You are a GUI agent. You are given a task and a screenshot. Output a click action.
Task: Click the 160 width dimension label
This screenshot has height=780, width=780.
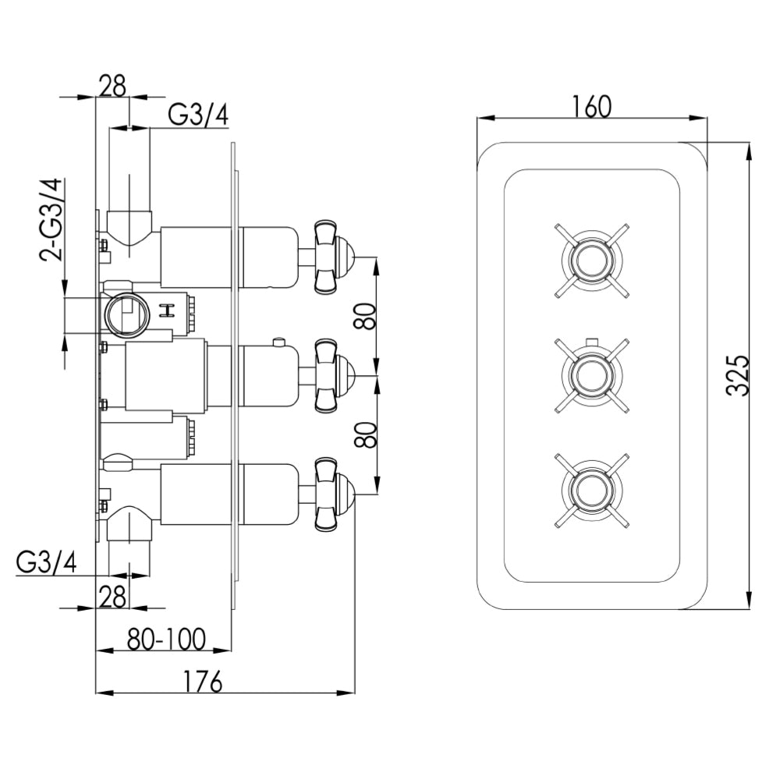tap(590, 106)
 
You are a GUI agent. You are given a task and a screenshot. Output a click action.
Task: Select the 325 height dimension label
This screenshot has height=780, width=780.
tap(737, 375)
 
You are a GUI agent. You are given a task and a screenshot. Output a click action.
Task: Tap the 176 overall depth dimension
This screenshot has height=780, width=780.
tap(203, 681)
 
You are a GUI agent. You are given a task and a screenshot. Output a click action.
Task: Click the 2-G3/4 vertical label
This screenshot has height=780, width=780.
tap(51, 222)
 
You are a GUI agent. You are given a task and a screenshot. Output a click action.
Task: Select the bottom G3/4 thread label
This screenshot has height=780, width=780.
tap(46, 562)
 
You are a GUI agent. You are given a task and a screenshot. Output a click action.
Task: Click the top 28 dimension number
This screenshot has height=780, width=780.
tap(112, 86)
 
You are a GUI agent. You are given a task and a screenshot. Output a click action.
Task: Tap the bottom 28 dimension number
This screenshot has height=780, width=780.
tap(112, 597)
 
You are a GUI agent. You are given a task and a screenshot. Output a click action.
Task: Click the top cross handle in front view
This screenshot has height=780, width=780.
tap(591, 261)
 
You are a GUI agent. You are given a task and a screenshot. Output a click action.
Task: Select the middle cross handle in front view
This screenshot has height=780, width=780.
tap(591, 375)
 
